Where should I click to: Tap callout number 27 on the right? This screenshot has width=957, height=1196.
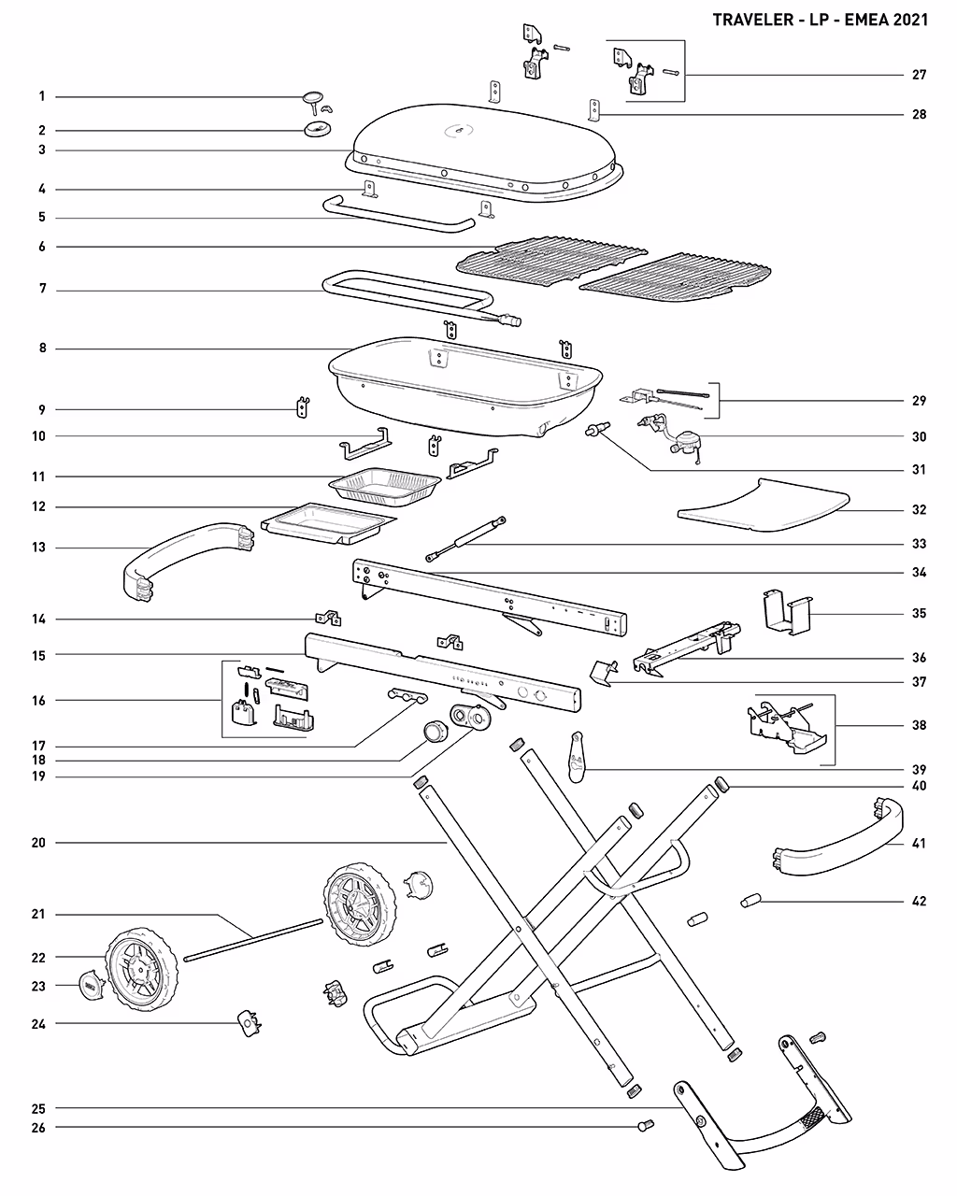(919, 75)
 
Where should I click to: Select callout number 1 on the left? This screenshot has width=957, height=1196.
(41, 96)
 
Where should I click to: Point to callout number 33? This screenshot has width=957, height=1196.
(919, 544)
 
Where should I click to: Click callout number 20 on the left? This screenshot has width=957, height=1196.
(38, 843)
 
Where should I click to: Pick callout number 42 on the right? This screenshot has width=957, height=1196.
(919, 902)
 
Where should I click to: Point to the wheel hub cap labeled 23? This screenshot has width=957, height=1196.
(89, 987)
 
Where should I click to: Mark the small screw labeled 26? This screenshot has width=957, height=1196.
(644, 1127)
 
